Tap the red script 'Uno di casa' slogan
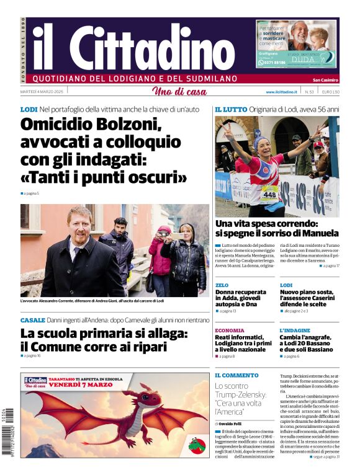click(x=179, y=92)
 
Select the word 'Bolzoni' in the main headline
click(x=122, y=125)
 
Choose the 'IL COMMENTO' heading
click(x=236, y=375)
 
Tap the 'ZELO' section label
click(x=222, y=285)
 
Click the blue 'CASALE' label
click(x=32, y=320)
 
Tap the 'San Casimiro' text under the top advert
click(x=325, y=79)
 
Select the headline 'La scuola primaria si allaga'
click(x=104, y=334)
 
